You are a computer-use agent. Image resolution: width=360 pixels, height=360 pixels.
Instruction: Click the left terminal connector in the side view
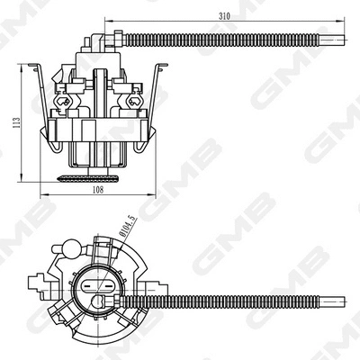tap(65, 101)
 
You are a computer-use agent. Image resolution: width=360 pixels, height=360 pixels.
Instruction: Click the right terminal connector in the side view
tap(131, 101)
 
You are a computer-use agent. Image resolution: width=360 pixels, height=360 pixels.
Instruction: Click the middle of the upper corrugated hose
tap(225, 39)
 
